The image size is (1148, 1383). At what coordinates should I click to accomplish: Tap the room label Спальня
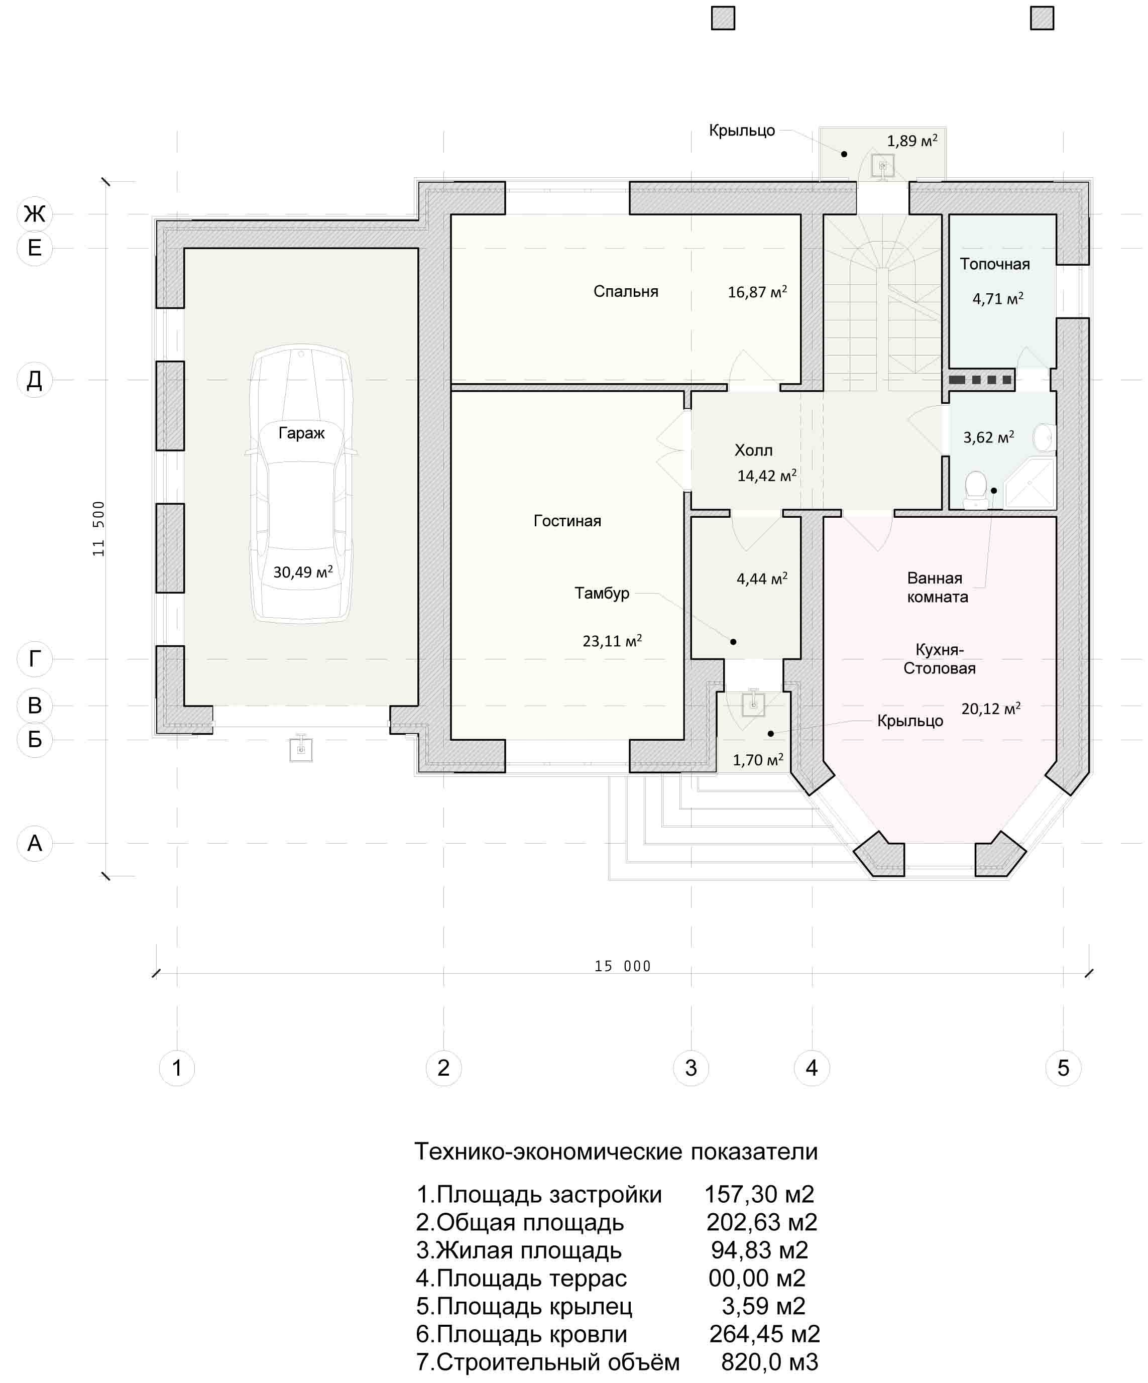[626, 291]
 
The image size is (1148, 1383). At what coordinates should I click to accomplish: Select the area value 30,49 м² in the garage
[303, 571]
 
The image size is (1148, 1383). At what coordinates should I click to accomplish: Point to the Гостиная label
[567, 521]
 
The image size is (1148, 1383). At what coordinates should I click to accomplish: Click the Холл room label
[753, 450]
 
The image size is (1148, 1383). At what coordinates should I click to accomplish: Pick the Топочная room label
[994, 264]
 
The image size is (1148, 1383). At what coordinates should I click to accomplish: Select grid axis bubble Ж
[34, 214]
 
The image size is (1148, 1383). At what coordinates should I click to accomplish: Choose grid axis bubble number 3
[691, 1068]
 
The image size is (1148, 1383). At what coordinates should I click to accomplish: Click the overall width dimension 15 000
[622, 966]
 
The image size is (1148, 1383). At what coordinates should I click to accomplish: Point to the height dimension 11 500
[99, 529]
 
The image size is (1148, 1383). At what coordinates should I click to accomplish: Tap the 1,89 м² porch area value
[912, 140]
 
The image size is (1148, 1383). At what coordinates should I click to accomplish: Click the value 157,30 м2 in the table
[759, 1194]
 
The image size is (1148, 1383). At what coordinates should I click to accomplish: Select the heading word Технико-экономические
[549, 1152]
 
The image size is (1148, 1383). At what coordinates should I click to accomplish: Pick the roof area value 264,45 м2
[765, 1334]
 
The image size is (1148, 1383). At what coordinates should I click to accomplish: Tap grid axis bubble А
[34, 843]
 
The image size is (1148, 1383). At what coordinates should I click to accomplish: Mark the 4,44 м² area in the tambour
[762, 579]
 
